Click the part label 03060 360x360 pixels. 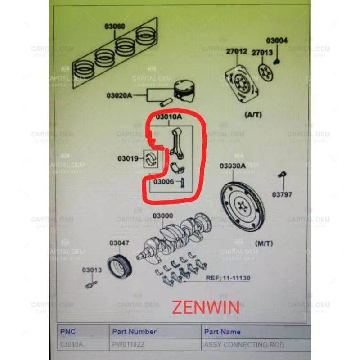point(115,27)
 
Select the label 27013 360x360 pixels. point(262,53)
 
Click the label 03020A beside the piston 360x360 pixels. point(119,95)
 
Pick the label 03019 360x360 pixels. point(127,158)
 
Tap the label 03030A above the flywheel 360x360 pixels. point(233,166)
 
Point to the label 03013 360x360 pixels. point(92,270)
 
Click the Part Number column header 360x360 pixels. point(134,332)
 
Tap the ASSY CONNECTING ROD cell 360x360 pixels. point(244,345)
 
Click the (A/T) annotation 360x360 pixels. point(252,115)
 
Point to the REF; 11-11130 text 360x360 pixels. point(228,278)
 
